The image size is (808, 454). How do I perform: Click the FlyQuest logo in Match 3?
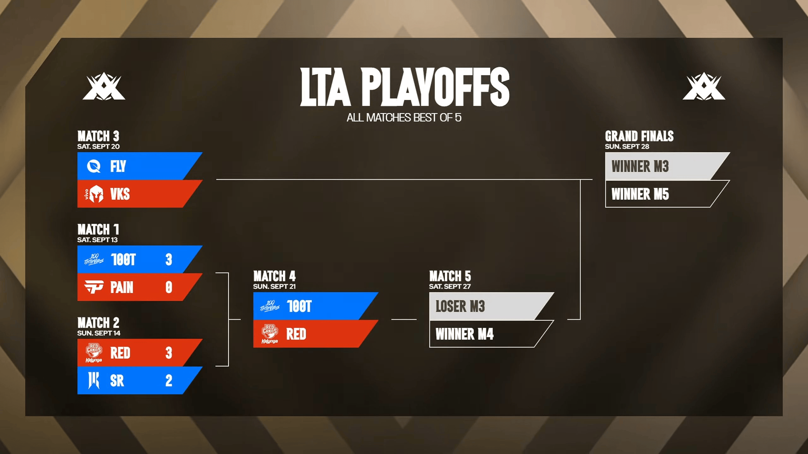click(94, 166)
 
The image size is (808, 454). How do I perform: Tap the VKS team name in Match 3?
click(120, 194)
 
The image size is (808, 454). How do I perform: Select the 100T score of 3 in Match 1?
click(169, 259)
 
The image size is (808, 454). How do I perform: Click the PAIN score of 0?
click(169, 287)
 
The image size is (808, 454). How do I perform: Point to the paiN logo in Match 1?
click(94, 287)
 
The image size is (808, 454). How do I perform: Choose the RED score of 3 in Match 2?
click(169, 353)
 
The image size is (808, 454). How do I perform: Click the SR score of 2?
click(169, 381)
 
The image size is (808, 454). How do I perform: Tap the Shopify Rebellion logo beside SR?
click(94, 380)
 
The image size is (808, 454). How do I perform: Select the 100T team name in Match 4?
click(299, 306)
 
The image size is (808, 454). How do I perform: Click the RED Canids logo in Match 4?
click(270, 334)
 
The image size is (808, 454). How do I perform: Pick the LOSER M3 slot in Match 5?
click(460, 306)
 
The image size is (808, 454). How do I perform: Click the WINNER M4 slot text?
click(465, 334)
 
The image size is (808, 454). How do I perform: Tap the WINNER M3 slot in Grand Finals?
click(640, 166)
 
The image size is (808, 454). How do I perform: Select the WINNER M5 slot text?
click(640, 194)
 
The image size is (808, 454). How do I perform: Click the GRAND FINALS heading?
click(639, 136)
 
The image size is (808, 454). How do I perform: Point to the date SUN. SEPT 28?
click(627, 147)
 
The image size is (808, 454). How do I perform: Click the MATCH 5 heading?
click(450, 276)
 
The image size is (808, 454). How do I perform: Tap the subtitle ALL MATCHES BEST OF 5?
click(404, 118)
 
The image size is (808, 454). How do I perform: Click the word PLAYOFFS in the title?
click(436, 87)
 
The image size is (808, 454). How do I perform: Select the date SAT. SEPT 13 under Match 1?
click(98, 240)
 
